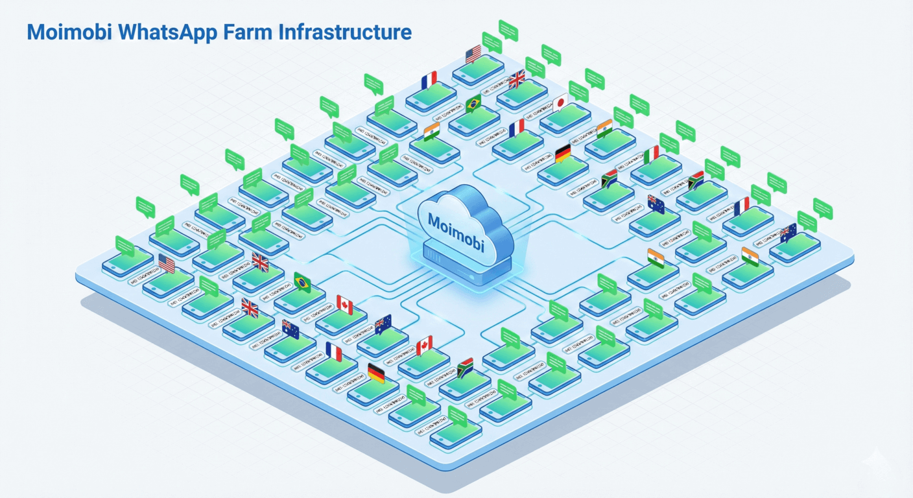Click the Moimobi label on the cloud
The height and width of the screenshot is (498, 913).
pos(456,220)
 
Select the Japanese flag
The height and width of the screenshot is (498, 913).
pos(560,102)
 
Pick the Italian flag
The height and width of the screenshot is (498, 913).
pos(652,154)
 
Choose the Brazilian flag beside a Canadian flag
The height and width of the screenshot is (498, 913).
pos(302,281)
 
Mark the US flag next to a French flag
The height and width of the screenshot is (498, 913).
pos(473,53)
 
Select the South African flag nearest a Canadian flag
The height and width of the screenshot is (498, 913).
pos(465,368)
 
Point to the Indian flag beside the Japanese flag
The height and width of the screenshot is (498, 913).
pos(604,126)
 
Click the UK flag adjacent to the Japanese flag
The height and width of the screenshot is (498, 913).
pos(517,79)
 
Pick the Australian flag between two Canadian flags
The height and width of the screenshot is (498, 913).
pos(383,322)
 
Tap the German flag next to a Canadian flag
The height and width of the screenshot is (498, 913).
pos(376,372)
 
